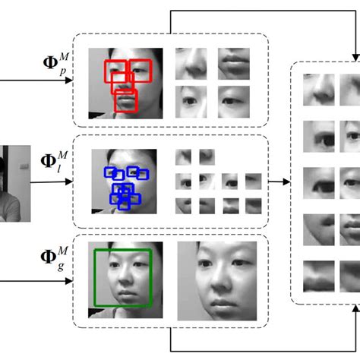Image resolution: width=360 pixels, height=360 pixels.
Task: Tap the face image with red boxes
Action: pos(125,81)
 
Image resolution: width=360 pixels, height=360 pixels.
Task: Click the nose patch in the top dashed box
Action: pos(191,64)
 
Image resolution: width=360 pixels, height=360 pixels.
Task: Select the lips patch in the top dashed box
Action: pos(233,64)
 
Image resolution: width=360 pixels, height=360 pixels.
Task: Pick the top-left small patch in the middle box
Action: pos(183,156)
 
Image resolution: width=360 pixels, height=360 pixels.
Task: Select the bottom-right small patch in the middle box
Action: pos(253,205)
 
